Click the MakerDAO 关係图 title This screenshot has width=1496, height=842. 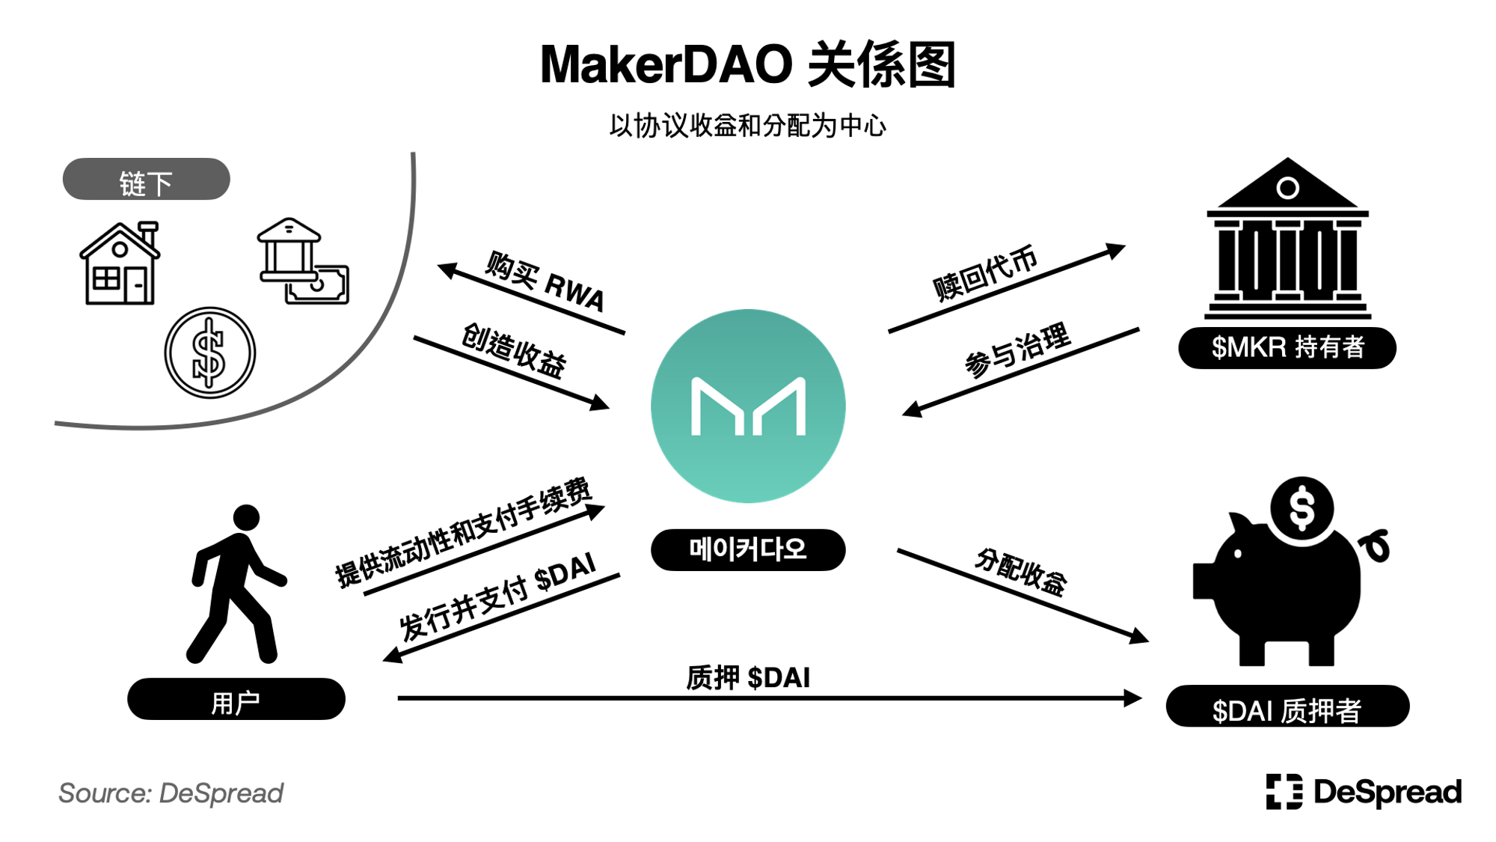[x=748, y=65]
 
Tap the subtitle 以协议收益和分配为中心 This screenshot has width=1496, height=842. [x=748, y=126]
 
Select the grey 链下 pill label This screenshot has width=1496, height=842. [x=146, y=179]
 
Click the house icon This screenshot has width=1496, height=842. [x=120, y=263]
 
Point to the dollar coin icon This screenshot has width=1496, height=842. [x=210, y=353]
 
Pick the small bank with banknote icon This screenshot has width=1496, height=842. [x=303, y=261]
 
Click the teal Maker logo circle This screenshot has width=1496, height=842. [x=748, y=406]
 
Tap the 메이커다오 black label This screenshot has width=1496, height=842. [x=748, y=550]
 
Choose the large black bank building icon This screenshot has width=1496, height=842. [x=1287, y=238]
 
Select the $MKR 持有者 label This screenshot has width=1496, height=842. [x=1287, y=348]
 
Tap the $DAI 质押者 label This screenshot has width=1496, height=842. [x=1287, y=707]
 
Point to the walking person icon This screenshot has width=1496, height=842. [x=236, y=584]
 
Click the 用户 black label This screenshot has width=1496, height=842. [x=236, y=700]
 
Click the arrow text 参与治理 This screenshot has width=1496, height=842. [x=1017, y=350]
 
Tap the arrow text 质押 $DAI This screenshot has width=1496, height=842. [x=748, y=678]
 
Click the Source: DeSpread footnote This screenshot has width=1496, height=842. [x=171, y=793]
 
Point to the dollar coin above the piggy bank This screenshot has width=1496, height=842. [x=1302, y=508]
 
